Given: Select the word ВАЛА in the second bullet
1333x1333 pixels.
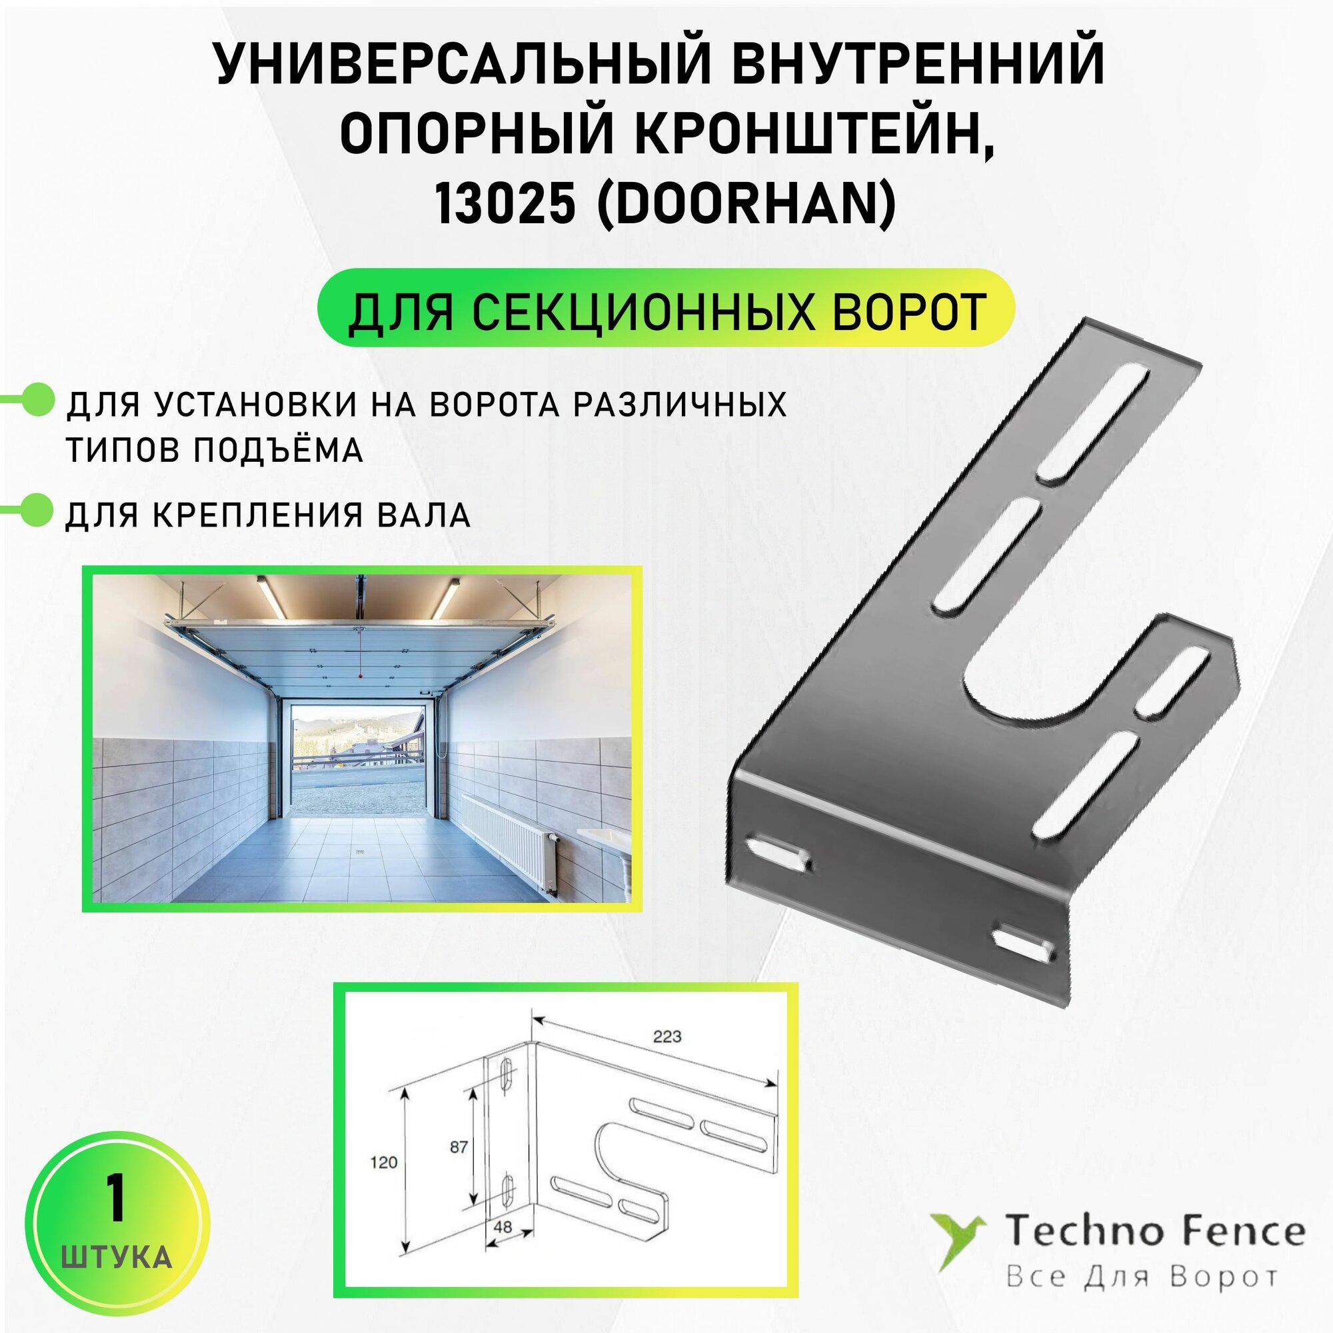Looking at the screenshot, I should click(x=429, y=515).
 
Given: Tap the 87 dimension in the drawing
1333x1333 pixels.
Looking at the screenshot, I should click(x=458, y=1146).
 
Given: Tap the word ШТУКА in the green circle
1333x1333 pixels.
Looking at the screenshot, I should click(x=117, y=1257).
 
